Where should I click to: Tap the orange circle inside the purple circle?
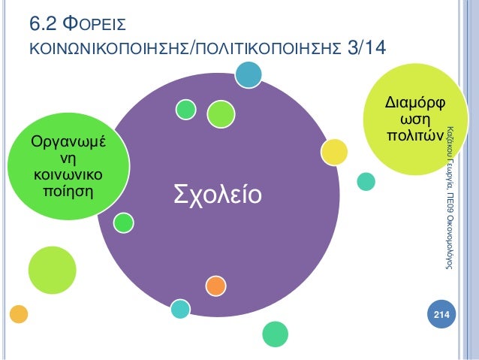215,286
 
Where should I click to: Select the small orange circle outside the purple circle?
19,312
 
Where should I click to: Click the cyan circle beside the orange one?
180,308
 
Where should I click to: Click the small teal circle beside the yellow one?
366,181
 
